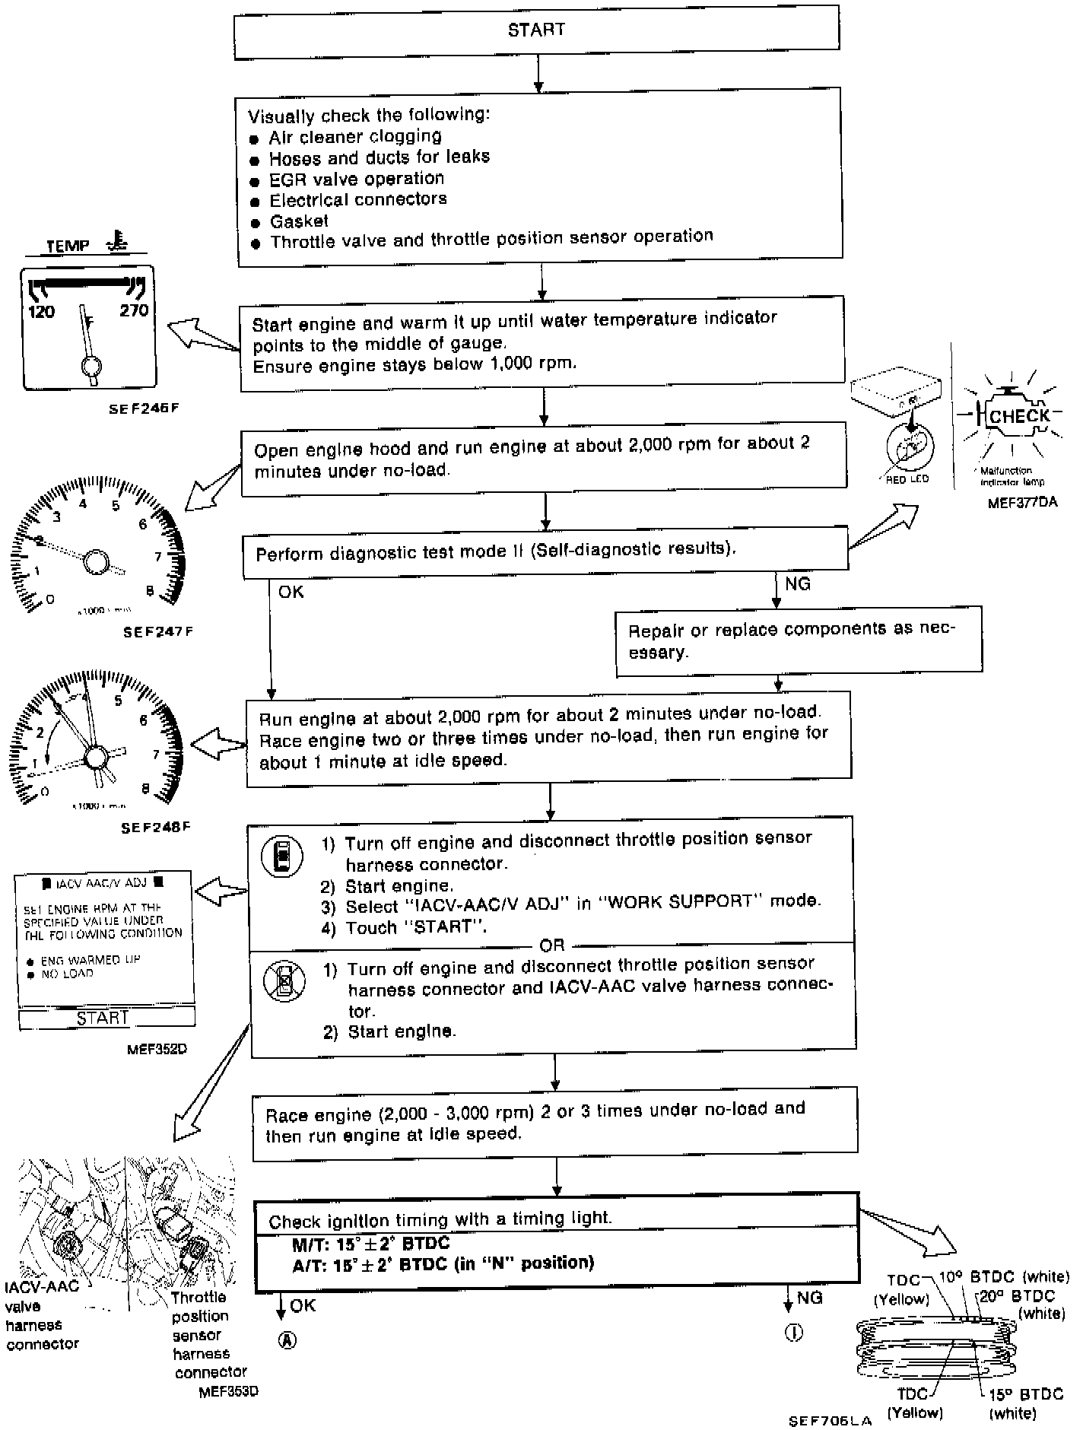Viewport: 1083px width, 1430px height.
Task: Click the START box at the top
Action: point(536,30)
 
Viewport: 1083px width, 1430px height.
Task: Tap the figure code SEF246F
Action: point(144,408)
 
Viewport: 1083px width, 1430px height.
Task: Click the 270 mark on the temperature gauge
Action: point(134,310)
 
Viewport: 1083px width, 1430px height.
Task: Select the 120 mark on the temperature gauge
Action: point(41,311)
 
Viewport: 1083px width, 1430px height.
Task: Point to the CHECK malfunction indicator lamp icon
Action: point(1018,417)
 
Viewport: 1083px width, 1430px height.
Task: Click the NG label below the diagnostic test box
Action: point(798,583)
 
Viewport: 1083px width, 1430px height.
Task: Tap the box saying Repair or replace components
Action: point(799,640)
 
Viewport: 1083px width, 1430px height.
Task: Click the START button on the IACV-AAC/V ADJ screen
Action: point(103,1018)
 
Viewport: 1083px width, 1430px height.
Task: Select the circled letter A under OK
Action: point(287,1340)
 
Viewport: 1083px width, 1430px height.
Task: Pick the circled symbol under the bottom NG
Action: point(793,1333)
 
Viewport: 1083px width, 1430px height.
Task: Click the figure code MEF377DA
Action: point(1022,503)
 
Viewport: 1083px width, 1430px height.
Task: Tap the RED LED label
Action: point(907,479)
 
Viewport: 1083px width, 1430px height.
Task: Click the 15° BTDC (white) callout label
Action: point(1024,1403)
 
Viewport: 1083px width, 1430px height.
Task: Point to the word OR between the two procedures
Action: point(552,945)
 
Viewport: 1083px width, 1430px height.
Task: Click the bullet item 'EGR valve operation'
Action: point(357,179)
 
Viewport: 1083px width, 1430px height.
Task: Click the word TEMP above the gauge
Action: point(68,246)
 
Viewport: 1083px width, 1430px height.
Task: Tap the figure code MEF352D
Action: point(157,1049)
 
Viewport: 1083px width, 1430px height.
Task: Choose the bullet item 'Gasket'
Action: point(299,221)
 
